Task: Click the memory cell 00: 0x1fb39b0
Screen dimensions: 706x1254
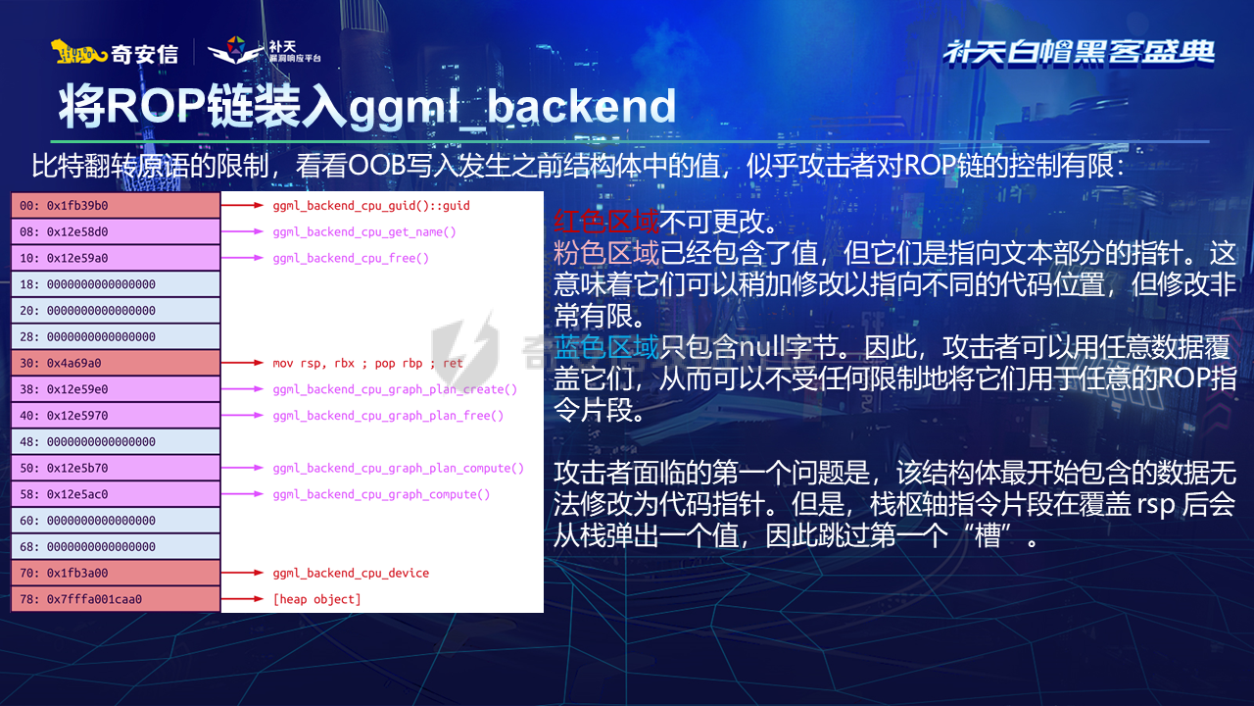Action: coord(116,206)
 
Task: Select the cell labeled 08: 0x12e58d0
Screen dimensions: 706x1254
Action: coord(116,232)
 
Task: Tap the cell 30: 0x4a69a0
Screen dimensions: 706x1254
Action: coord(116,363)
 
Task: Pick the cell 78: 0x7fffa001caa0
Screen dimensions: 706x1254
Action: coord(116,599)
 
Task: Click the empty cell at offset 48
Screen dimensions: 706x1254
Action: coord(116,441)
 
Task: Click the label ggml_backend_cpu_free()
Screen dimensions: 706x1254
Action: coord(351,258)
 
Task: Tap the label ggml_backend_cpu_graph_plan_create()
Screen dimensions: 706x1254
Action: coord(395,389)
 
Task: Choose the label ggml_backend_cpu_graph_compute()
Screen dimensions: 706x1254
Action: coord(381,494)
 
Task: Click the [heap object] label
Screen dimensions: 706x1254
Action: coord(316,599)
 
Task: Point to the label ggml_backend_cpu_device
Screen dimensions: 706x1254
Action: coord(351,573)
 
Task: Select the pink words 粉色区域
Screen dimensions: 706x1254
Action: coord(606,253)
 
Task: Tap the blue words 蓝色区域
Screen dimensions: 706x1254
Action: coord(606,346)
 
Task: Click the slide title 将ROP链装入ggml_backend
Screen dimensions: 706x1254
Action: coord(366,107)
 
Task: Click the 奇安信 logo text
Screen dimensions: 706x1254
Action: coord(144,54)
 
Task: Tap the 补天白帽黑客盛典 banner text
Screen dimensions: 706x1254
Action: coord(1079,52)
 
